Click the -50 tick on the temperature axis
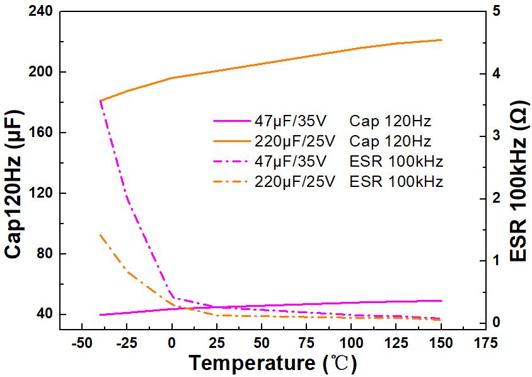(81, 343)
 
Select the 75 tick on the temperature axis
(306, 343)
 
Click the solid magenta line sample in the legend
(231, 119)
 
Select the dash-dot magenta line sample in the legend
(231, 161)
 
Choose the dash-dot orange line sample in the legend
(231, 182)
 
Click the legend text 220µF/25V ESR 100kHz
(349, 182)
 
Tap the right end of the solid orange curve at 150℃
(441, 40)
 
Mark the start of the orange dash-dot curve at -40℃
(100, 235)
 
